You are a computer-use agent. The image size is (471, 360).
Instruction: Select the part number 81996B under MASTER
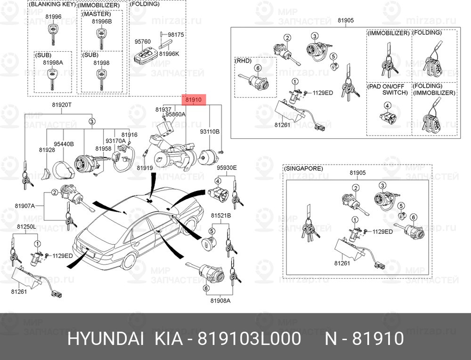(102, 22)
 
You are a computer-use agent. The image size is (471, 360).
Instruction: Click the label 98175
(176, 34)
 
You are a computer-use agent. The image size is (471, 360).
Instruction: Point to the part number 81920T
(62, 104)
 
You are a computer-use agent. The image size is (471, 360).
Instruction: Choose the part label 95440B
(64, 144)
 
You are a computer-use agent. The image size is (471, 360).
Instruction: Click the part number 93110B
(210, 131)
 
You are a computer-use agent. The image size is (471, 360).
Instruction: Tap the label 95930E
(227, 168)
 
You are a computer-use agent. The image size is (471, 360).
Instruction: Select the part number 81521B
(221, 216)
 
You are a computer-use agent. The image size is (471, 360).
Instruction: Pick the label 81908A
(220, 301)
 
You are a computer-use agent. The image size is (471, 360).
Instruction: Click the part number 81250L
(26, 226)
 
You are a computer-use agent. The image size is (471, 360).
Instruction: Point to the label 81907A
(25, 206)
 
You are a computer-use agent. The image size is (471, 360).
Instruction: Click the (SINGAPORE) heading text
(303, 168)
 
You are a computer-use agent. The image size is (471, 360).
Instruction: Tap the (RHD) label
(243, 61)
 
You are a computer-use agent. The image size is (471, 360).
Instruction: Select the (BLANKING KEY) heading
(52, 4)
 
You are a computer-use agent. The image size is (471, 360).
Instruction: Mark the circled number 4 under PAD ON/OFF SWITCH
(388, 105)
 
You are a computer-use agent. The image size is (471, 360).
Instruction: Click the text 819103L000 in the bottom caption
(249, 339)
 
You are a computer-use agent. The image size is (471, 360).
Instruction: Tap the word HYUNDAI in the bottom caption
(106, 339)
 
